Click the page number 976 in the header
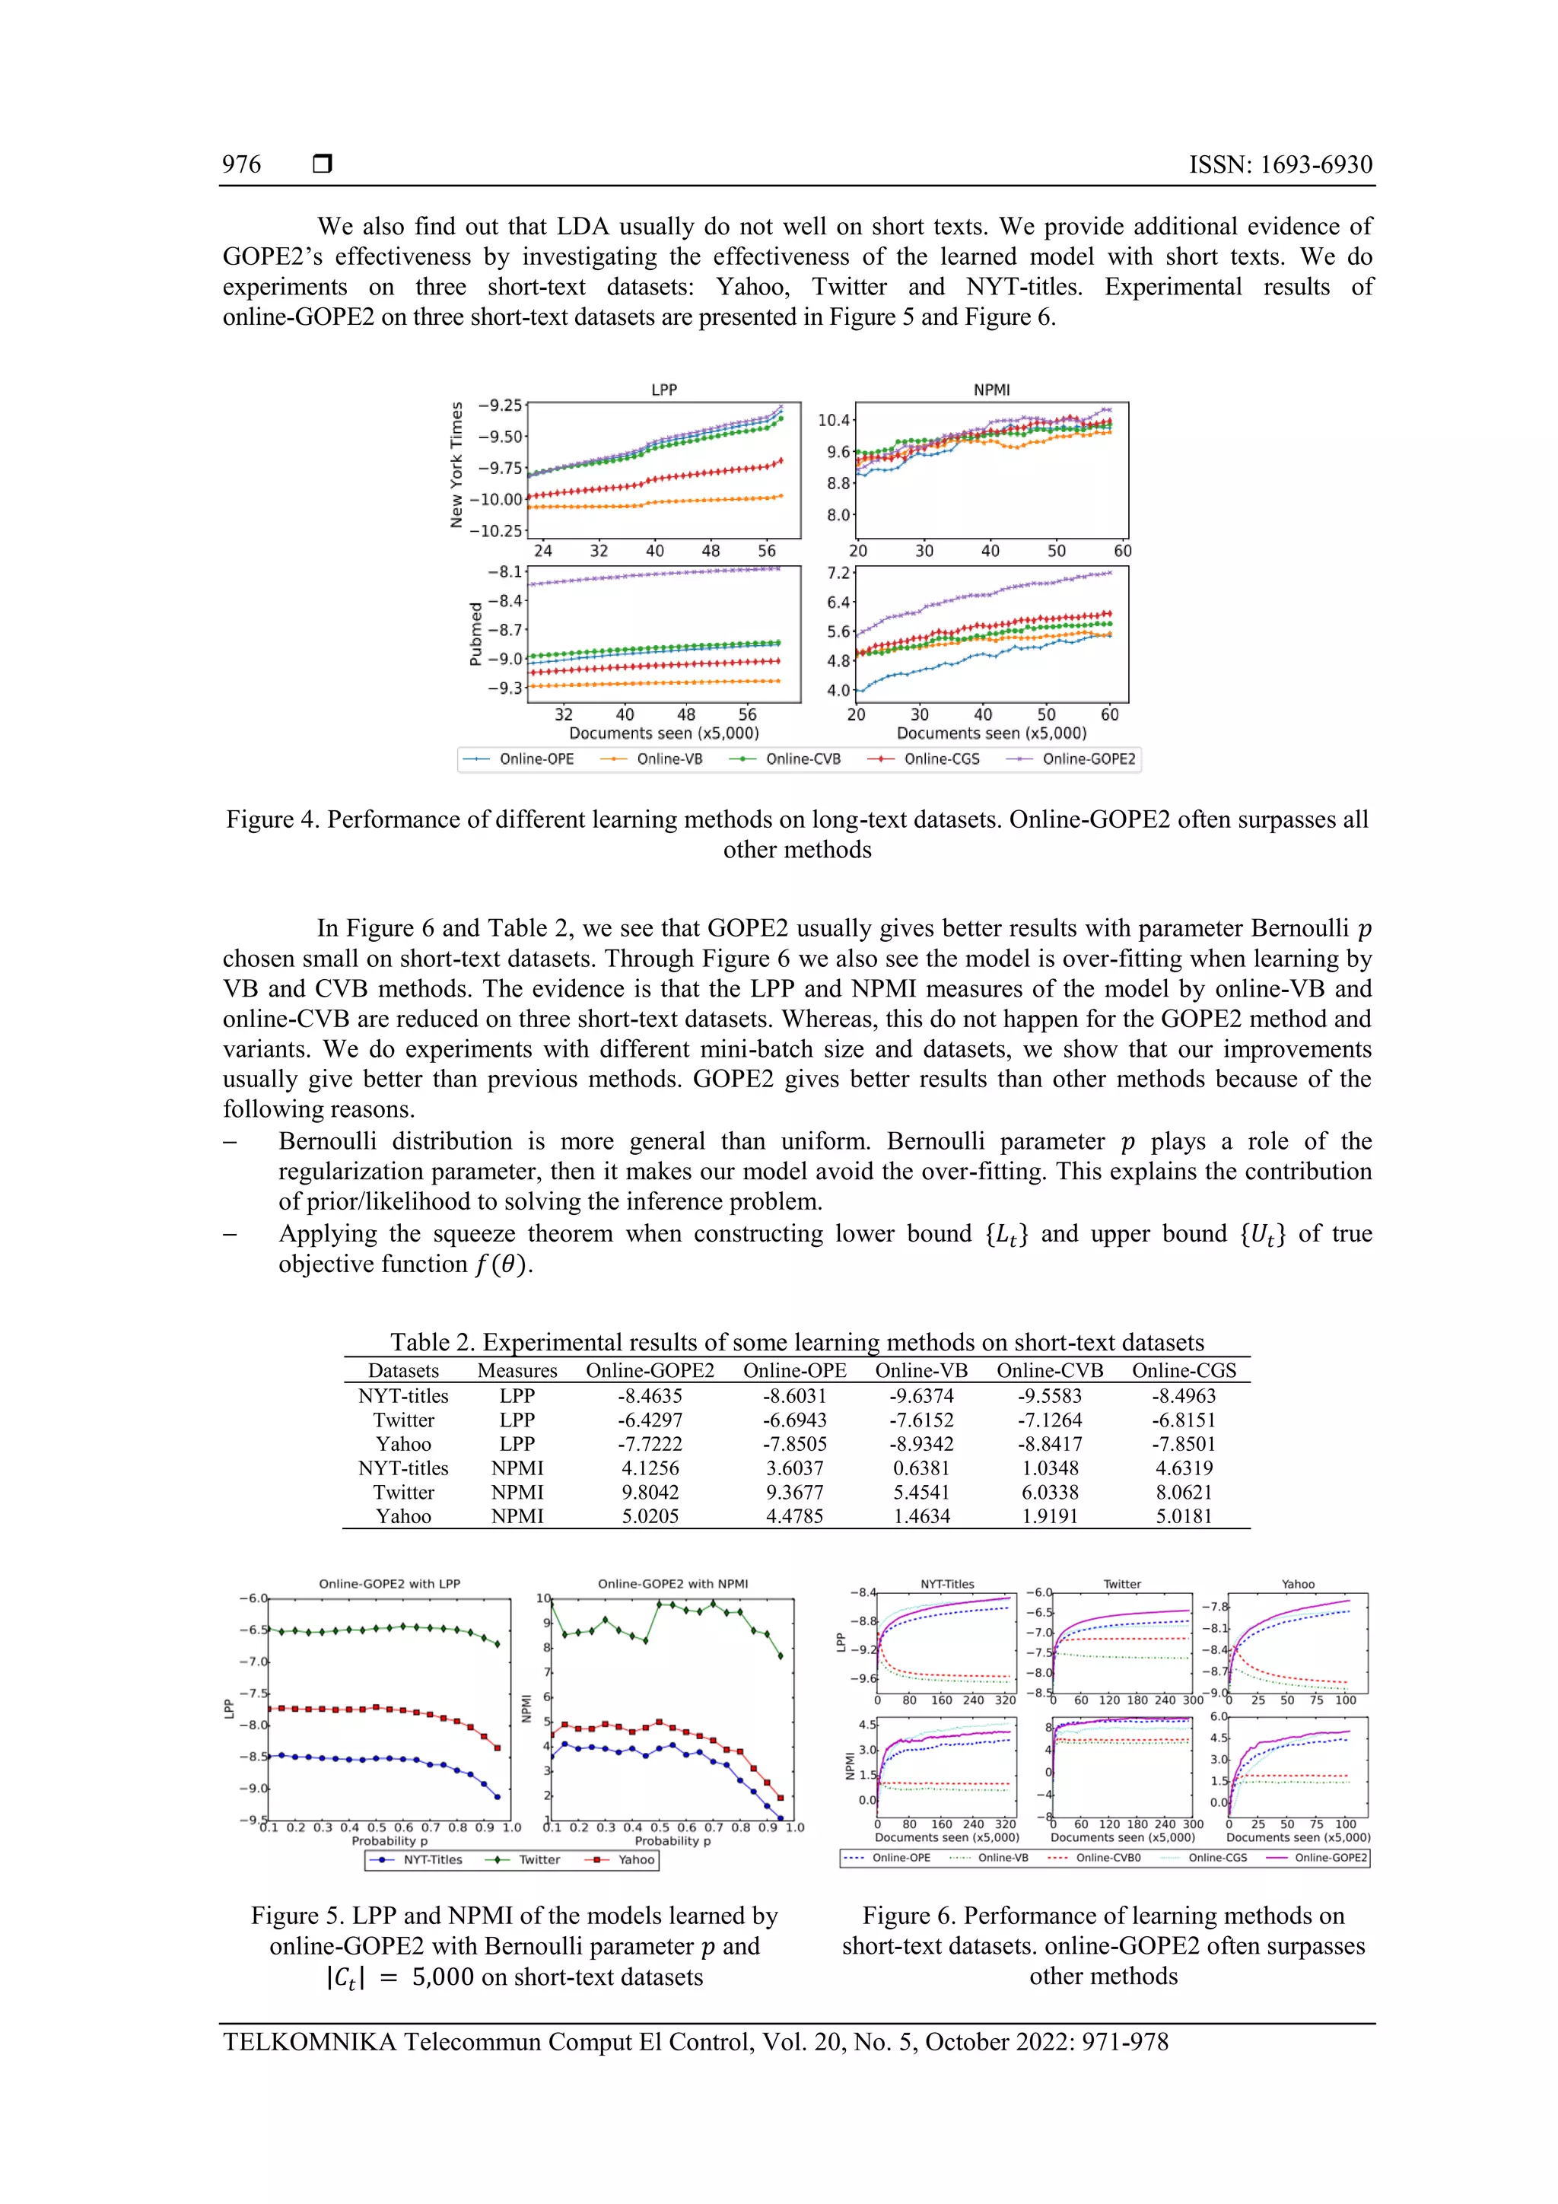[x=241, y=164]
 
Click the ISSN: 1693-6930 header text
[x=1280, y=164]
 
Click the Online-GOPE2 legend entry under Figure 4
[x=1088, y=759]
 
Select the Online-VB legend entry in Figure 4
[x=669, y=759]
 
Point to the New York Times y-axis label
[x=457, y=465]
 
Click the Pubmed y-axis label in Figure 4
[x=475, y=634]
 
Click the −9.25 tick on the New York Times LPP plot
[x=501, y=405]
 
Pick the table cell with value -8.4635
[x=650, y=1396]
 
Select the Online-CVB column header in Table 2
[x=1049, y=1371]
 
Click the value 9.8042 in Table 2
[x=650, y=1492]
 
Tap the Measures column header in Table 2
[x=517, y=1371]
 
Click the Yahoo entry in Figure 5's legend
[x=634, y=1859]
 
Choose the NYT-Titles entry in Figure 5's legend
[x=432, y=1859]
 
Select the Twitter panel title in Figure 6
[x=1121, y=1584]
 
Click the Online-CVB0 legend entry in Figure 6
[x=1107, y=1858]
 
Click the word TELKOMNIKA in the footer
[x=308, y=2042]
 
